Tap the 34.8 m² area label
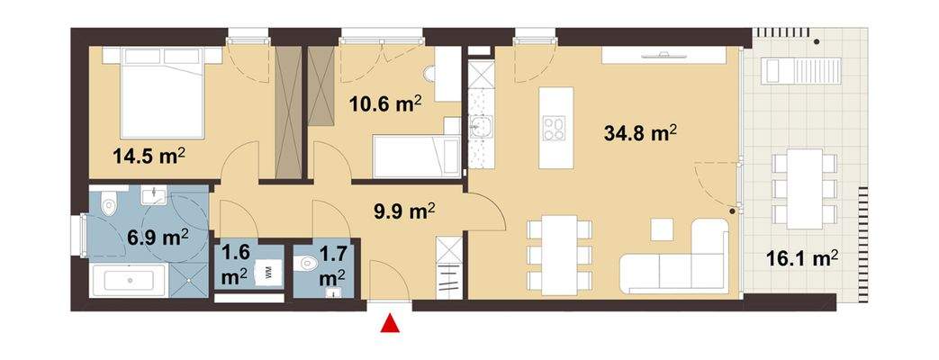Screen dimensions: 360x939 coord(639,133)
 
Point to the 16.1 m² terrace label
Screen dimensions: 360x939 coord(801,258)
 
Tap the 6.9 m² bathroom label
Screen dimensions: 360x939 coord(155,237)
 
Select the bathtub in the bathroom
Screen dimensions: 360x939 coord(131,280)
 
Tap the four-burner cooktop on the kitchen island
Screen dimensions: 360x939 coord(553,130)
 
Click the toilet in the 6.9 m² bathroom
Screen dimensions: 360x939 coord(110,205)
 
